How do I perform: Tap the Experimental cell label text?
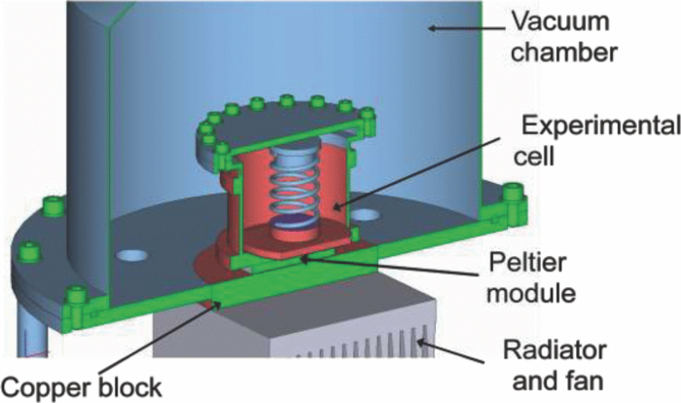pos(581,138)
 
